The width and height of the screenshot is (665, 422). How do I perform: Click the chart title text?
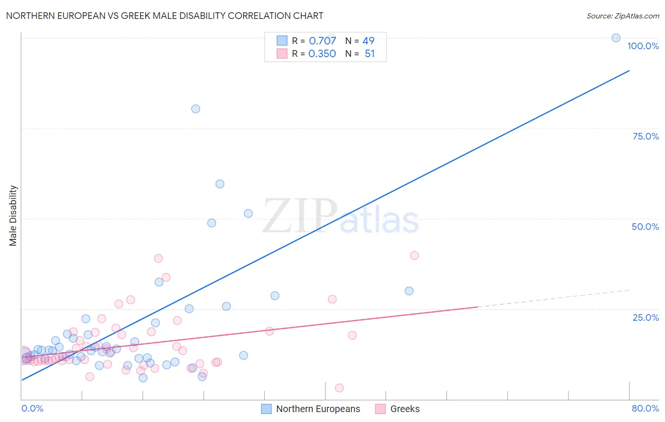(x=165, y=16)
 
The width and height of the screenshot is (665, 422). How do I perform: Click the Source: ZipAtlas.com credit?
(x=622, y=16)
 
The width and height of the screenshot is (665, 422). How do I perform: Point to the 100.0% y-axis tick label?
(x=643, y=46)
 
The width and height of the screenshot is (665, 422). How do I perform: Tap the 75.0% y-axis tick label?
(x=646, y=136)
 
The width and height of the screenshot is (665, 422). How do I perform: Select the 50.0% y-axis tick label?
(x=645, y=227)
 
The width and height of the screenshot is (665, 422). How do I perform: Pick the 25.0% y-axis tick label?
(x=646, y=317)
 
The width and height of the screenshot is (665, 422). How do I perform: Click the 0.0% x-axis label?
(x=32, y=408)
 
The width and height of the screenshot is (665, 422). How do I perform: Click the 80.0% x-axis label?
(x=645, y=408)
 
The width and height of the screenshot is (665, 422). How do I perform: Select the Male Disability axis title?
(x=13, y=216)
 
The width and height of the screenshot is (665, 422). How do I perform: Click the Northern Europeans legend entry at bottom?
(x=311, y=409)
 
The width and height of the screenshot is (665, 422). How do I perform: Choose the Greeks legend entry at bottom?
(x=397, y=409)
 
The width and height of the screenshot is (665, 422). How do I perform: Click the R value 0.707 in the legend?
(x=322, y=41)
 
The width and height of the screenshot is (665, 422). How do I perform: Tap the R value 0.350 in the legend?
(x=322, y=54)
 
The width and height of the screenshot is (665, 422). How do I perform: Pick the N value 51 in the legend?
(x=369, y=54)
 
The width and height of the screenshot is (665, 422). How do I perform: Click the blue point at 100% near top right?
(x=616, y=38)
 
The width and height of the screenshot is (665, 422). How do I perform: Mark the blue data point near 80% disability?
(x=195, y=109)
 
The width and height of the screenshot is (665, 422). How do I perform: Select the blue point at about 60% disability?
(x=220, y=184)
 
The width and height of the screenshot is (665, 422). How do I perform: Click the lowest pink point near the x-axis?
(x=339, y=388)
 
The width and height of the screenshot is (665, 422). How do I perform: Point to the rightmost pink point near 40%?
(x=414, y=255)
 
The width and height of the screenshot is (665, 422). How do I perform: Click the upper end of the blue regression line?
(x=629, y=70)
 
